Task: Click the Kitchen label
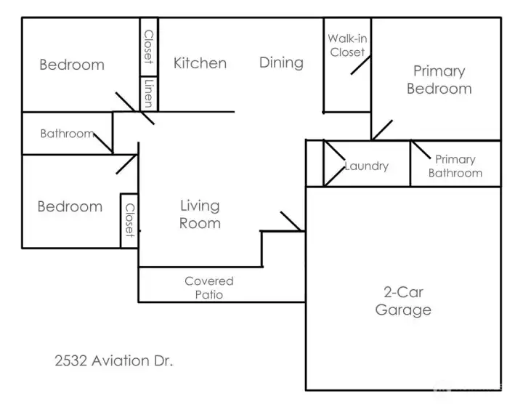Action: coord(200,63)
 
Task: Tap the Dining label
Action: coord(281,62)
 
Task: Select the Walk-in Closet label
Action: coord(347,45)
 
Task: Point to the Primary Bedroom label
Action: coord(439,80)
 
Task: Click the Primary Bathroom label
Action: coord(455,166)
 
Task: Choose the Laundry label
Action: coord(367,166)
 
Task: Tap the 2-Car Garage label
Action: coord(403,302)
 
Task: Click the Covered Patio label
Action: coord(209,288)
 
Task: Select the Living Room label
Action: coord(200,215)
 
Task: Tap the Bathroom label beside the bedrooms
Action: coord(67,134)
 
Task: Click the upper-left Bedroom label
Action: coord(72,65)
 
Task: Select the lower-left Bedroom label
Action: coord(70,206)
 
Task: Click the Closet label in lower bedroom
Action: coord(129,220)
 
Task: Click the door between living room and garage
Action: coord(292,222)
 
